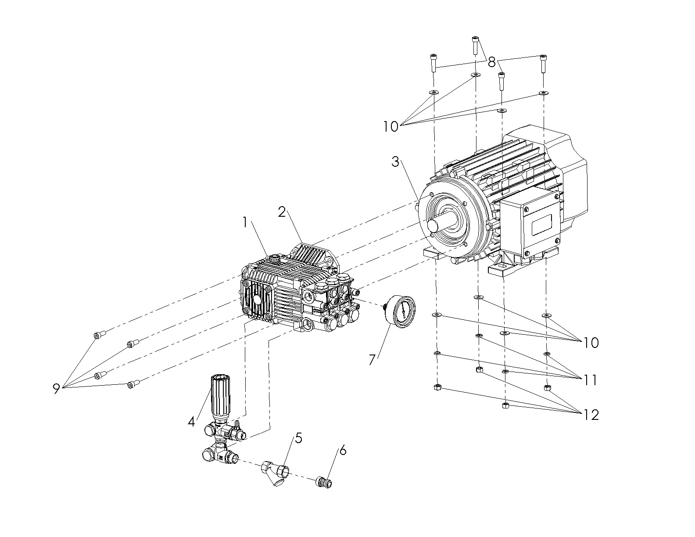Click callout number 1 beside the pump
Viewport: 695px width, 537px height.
pyautogui.click(x=245, y=223)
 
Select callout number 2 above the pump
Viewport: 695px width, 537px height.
pyautogui.click(x=282, y=212)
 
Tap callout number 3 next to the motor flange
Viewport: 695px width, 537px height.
pyautogui.click(x=395, y=162)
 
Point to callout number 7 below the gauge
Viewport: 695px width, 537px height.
pyautogui.click(x=372, y=360)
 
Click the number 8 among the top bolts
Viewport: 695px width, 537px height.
pyautogui.click(x=491, y=62)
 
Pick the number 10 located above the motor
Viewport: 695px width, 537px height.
pyautogui.click(x=390, y=127)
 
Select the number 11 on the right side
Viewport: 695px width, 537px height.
pyautogui.click(x=591, y=380)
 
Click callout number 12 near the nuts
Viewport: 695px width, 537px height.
pyautogui.click(x=591, y=415)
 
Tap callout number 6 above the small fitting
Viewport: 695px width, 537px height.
pyautogui.click(x=343, y=450)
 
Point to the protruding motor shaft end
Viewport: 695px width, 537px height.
pyautogui.click(x=433, y=225)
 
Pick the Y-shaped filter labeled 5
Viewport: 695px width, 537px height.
pyautogui.click(x=275, y=474)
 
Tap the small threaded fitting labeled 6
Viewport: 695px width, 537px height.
pyautogui.click(x=323, y=482)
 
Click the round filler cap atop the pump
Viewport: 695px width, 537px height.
pyautogui.click(x=275, y=258)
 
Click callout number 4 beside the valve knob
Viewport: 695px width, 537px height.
pyautogui.click(x=191, y=422)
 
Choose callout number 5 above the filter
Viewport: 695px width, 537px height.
pyautogui.click(x=298, y=438)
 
